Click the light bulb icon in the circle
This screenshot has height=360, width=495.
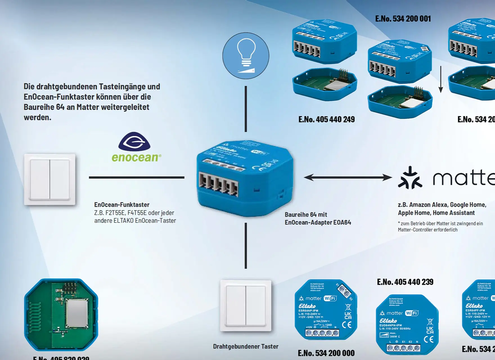coord(246,56)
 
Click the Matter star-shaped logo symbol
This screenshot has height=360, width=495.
coord(410,178)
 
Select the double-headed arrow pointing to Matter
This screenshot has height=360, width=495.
coord(348,177)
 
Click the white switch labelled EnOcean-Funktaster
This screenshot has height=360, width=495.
coord(50,179)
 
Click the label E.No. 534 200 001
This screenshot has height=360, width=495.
coord(403,19)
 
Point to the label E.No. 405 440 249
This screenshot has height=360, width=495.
coord(326,120)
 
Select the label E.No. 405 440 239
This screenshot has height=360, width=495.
coord(405,282)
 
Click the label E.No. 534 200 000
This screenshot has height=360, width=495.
coord(326,353)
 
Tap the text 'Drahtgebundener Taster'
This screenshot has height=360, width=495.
coord(246,346)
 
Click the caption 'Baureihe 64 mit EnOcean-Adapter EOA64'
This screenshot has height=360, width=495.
coord(318,219)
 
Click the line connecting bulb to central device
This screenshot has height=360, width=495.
coord(246,109)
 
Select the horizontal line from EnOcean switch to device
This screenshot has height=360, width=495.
coord(137,177)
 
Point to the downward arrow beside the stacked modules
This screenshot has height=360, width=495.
coord(441,79)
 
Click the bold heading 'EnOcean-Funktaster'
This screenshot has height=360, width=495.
coord(121,205)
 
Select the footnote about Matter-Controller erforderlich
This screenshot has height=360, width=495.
coord(440,227)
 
